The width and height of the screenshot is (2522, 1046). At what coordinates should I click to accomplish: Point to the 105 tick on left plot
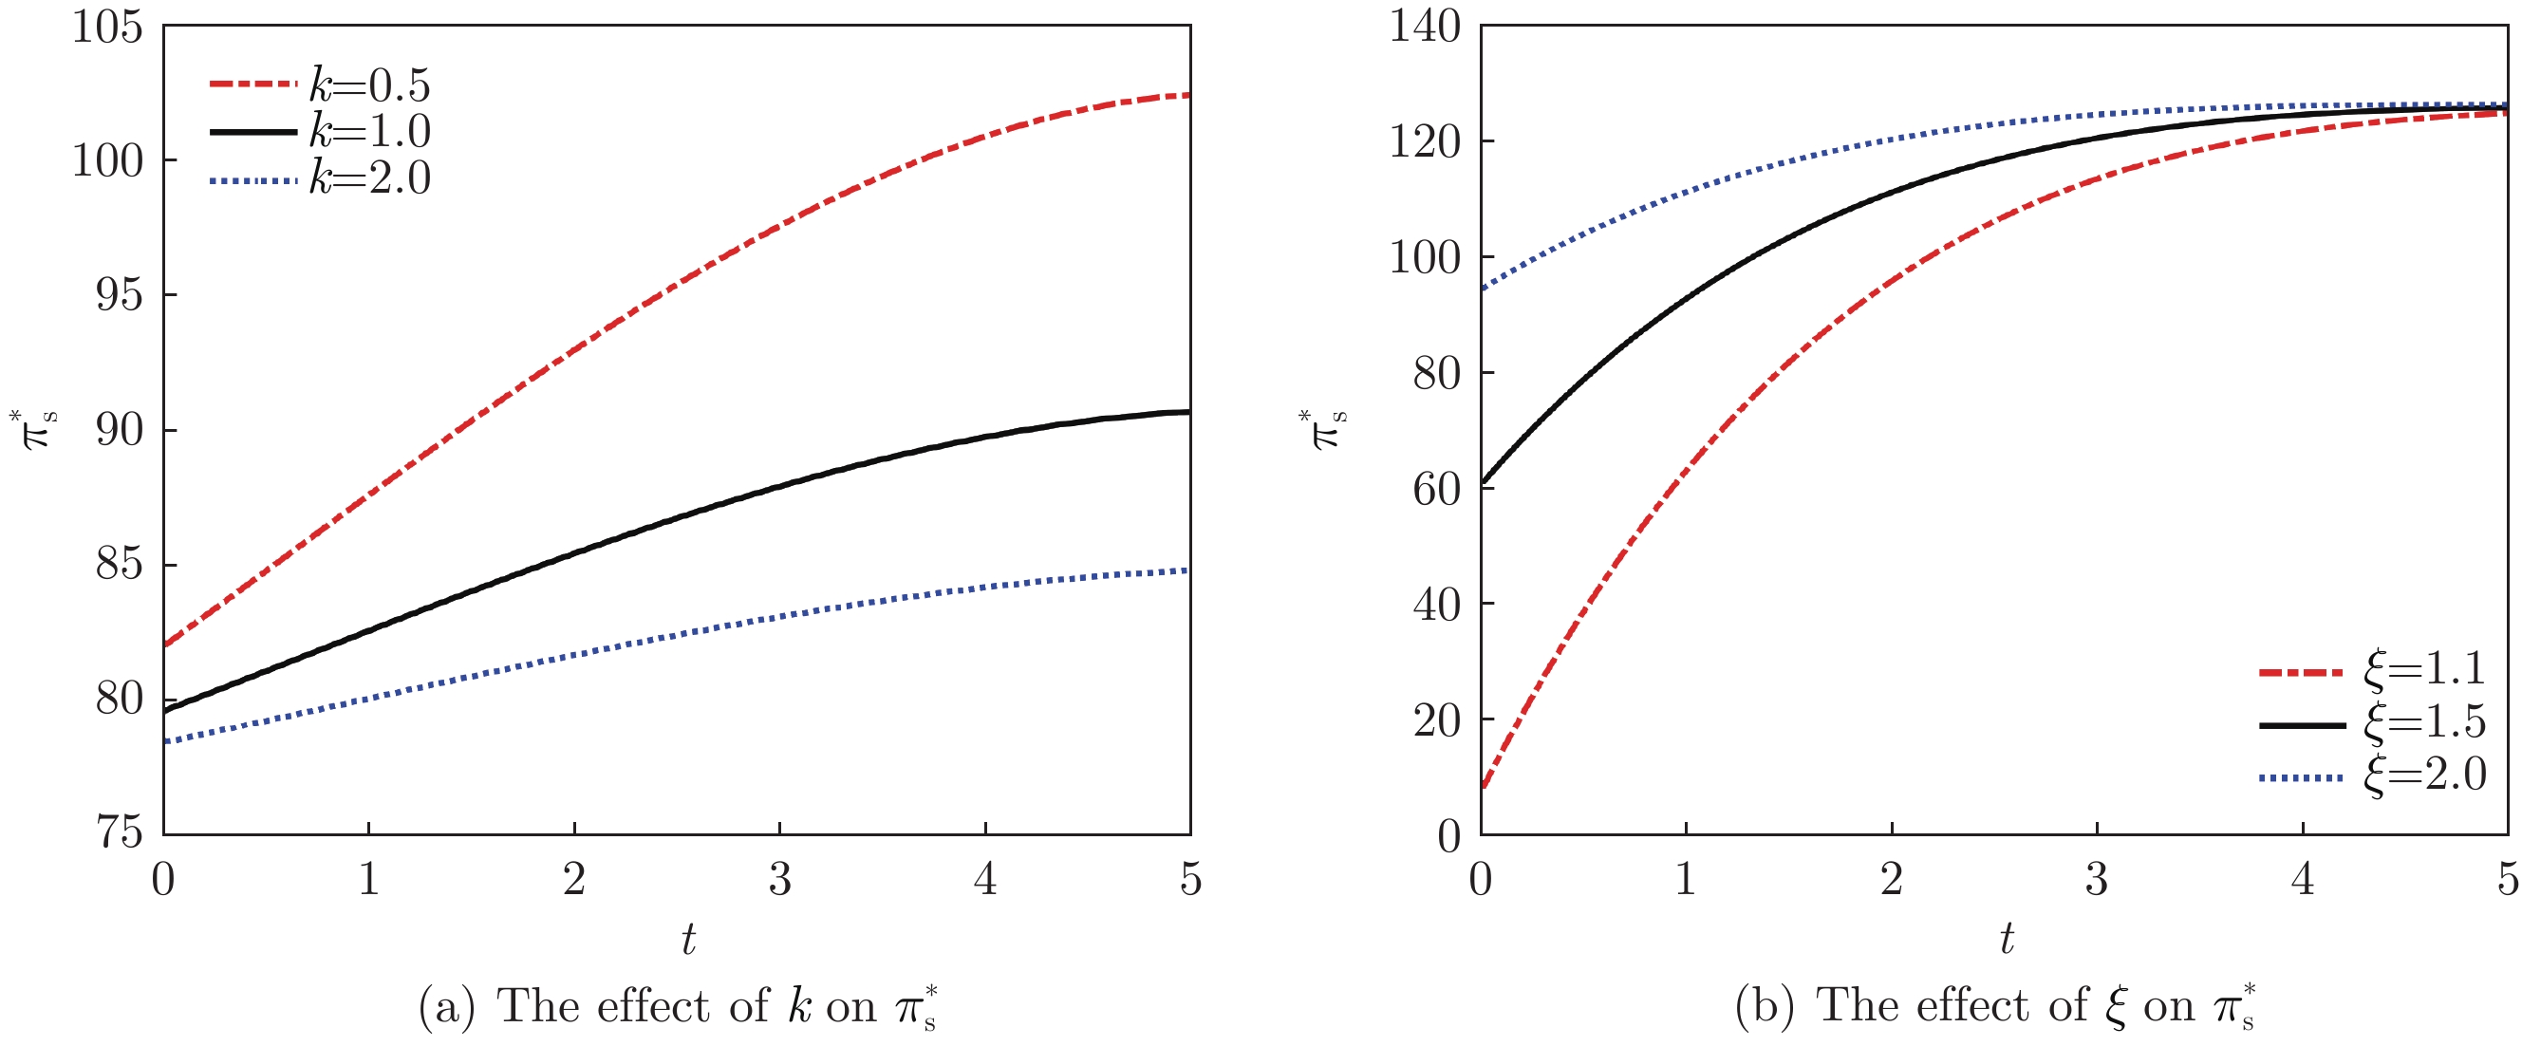tap(106, 28)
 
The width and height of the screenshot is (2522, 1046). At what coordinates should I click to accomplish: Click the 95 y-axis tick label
tap(119, 295)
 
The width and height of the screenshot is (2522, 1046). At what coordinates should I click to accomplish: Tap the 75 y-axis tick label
tap(119, 832)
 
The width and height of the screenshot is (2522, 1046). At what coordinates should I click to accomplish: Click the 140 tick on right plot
tap(1425, 28)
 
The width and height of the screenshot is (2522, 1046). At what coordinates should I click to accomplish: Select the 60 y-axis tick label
tap(1436, 489)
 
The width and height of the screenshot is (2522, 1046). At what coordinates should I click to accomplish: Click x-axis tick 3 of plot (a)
tap(779, 880)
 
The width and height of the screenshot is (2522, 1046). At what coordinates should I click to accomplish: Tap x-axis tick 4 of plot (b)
tap(2302, 880)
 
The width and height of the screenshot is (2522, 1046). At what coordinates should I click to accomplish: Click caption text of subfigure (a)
tap(678, 1007)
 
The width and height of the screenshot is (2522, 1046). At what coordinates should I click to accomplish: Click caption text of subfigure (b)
tap(1995, 1007)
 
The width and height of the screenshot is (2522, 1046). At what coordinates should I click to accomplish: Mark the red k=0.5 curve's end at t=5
tap(1187, 95)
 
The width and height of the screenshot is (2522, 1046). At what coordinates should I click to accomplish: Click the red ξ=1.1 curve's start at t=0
tap(1484, 786)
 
